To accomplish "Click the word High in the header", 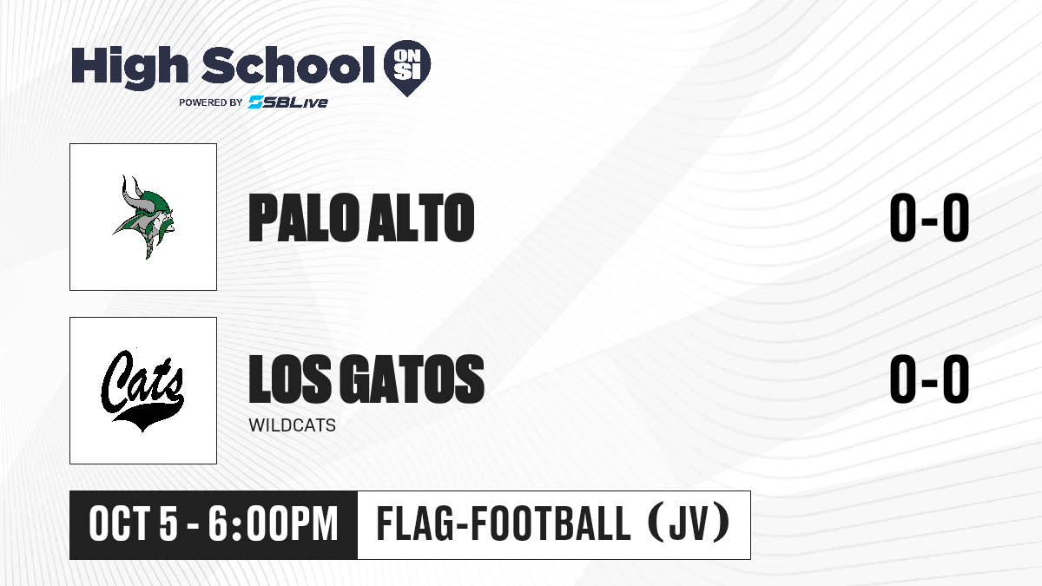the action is click(x=129, y=68).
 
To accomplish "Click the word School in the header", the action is click(x=288, y=65).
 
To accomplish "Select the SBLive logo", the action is click(x=287, y=102).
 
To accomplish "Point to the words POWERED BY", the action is click(x=211, y=102).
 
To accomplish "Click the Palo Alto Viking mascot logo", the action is click(x=144, y=217).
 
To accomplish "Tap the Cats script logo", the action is click(x=142, y=391).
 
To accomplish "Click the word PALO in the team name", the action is click(x=304, y=218).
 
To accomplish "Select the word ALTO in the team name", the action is click(x=421, y=218).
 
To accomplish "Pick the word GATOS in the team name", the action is click(x=412, y=379).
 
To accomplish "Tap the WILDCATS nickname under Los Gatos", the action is click(x=292, y=425).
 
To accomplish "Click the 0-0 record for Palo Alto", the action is click(x=929, y=218).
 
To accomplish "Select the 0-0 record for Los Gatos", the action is click(x=929, y=379).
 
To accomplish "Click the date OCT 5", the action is click(x=134, y=523).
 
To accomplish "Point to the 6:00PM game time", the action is click(x=273, y=523).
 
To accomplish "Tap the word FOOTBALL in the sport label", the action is click(x=551, y=523).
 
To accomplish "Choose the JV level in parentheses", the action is click(x=689, y=523).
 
